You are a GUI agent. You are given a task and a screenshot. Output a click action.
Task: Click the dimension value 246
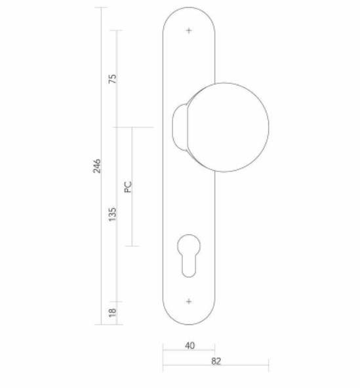point(96,166)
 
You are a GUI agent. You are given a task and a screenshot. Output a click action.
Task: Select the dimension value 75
point(112,79)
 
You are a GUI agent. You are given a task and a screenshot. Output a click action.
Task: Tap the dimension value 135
point(112,213)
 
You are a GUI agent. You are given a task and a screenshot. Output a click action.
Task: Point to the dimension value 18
point(112,311)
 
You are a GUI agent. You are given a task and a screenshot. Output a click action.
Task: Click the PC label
point(129,187)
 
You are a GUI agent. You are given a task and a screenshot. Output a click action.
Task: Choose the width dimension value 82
point(216,360)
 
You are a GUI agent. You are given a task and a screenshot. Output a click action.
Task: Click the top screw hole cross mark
point(189,30)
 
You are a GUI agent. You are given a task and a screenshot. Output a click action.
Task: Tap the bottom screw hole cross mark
point(189,301)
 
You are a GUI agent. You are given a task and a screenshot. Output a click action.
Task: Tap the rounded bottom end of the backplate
point(189,318)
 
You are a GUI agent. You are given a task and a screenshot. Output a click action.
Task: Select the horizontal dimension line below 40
point(189,351)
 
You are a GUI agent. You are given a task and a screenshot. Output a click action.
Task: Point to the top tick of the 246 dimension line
point(102,8)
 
